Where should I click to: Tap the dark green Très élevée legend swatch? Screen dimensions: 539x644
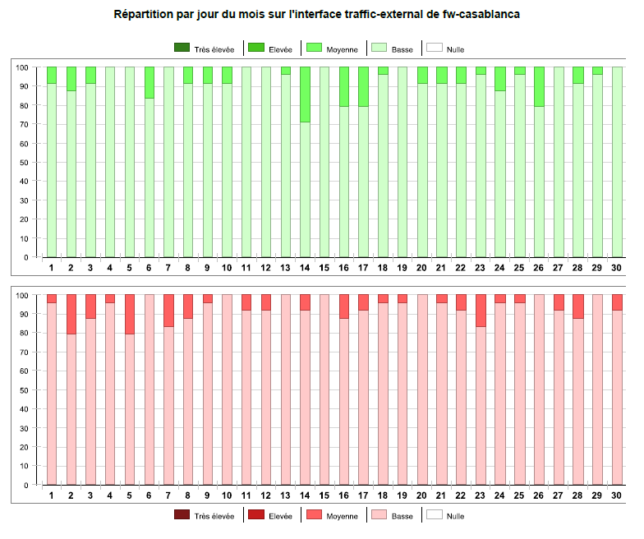pyautogui.click(x=182, y=48)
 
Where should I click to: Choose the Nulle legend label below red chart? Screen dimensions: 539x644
pyautogui.click(x=454, y=516)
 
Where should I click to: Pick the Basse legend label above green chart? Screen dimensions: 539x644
pyautogui.click(x=402, y=49)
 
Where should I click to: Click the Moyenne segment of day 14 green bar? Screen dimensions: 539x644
pyautogui.click(x=306, y=94)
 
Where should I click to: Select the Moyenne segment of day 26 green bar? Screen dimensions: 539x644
pyautogui.click(x=539, y=87)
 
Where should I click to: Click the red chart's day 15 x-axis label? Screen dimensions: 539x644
pyautogui.click(x=324, y=495)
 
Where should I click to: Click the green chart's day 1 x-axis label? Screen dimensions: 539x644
pyautogui.click(x=52, y=268)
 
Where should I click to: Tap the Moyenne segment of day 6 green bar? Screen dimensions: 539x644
pyautogui.click(x=149, y=83)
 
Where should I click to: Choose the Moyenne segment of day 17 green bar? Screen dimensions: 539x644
pyautogui.click(x=364, y=87)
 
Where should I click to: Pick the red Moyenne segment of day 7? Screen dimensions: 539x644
pyautogui.click(x=168, y=311)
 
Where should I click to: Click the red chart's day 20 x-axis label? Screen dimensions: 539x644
pyautogui.click(x=422, y=495)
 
